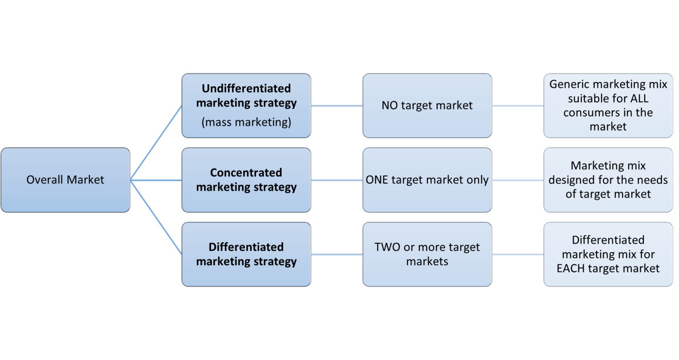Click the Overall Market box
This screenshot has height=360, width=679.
(x=65, y=180)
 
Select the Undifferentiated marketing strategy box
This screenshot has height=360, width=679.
(x=246, y=106)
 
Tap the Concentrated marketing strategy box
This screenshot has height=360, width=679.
(x=246, y=180)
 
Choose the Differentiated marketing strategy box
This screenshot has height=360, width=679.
(x=246, y=254)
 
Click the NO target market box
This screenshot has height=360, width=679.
(x=427, y=106)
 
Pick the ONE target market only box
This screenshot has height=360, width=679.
(x=427, y=180)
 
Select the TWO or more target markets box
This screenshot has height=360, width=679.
(x=427, y=254)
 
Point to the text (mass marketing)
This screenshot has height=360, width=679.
(x=246, y=122)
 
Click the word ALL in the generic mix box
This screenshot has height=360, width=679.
(x=639, y=98)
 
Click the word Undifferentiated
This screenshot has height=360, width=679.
(x=246, y=88)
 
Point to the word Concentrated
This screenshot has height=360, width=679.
(x=246, y=172)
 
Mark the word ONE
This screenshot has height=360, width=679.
(x=377, y=180)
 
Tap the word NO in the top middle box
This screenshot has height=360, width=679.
(x=389, y=106)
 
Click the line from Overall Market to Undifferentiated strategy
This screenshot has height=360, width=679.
(x=156, y=143)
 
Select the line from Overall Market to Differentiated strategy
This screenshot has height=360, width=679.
(x=156, y=217)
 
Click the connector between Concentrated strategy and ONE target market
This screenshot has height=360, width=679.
(x=337, y=180)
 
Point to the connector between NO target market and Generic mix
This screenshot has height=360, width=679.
(x=518, y=106)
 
